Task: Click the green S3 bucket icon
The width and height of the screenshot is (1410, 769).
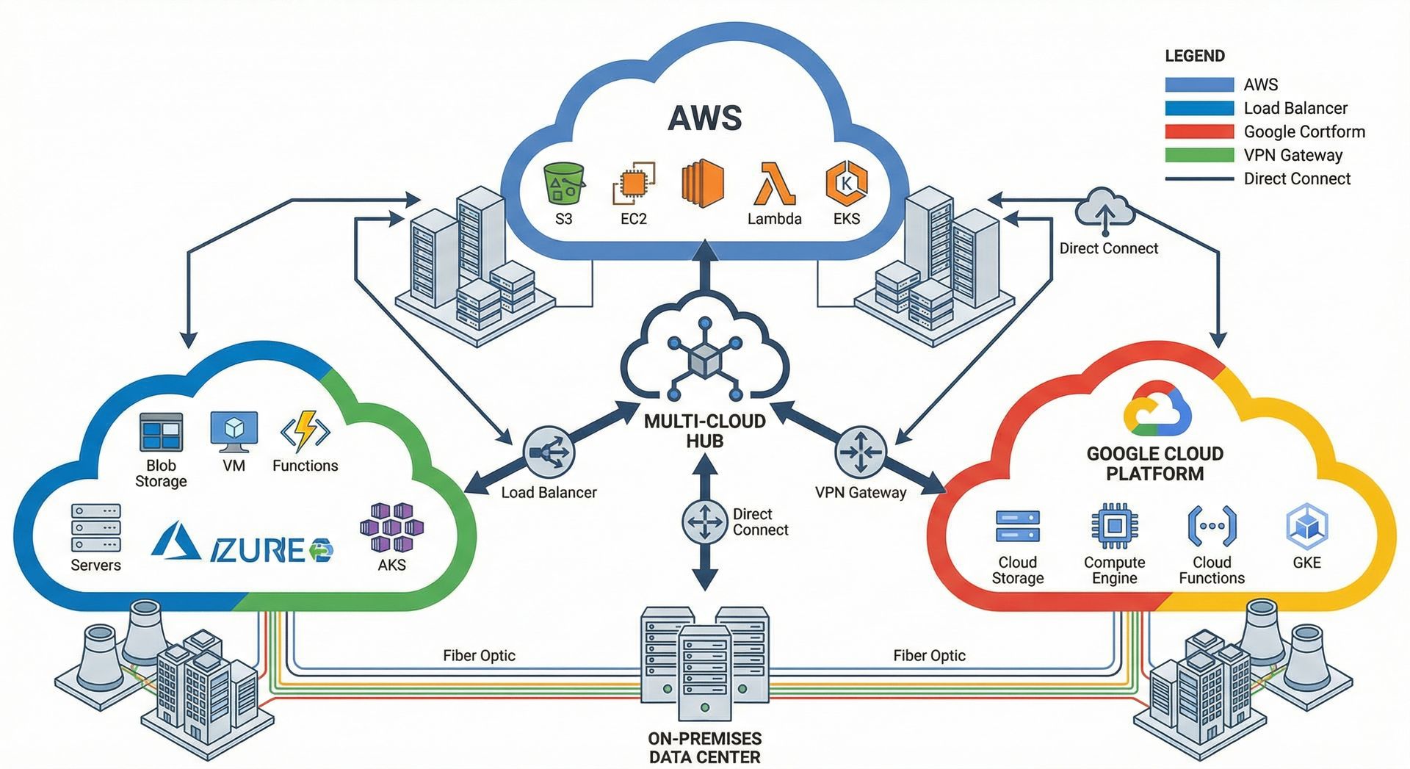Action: (563, 183)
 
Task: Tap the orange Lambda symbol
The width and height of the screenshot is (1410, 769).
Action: (774, 184)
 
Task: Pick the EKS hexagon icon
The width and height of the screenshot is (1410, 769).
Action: (846, 183)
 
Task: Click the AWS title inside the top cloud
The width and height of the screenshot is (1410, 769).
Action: (705, 118)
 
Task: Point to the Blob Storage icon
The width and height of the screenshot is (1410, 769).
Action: (161, 432)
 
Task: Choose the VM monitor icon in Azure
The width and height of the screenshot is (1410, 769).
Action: (234, 432)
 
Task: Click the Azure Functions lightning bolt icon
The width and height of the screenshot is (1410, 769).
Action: (305, 432)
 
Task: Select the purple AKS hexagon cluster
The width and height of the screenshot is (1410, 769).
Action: (391, 527)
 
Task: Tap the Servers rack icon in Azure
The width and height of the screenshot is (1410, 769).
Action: (95, 527)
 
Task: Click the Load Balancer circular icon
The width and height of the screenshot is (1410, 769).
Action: (549, 452)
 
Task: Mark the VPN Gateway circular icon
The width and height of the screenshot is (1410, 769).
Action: (860, 452)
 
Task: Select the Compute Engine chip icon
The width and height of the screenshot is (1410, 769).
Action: (1114, 527)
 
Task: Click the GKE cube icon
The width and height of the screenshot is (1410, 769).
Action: (1306, 527)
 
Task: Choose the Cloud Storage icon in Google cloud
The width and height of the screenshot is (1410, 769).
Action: (1017, 527)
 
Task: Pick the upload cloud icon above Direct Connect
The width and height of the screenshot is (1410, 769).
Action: (1104, 209)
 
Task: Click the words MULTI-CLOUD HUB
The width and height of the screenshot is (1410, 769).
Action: (704, 431)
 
